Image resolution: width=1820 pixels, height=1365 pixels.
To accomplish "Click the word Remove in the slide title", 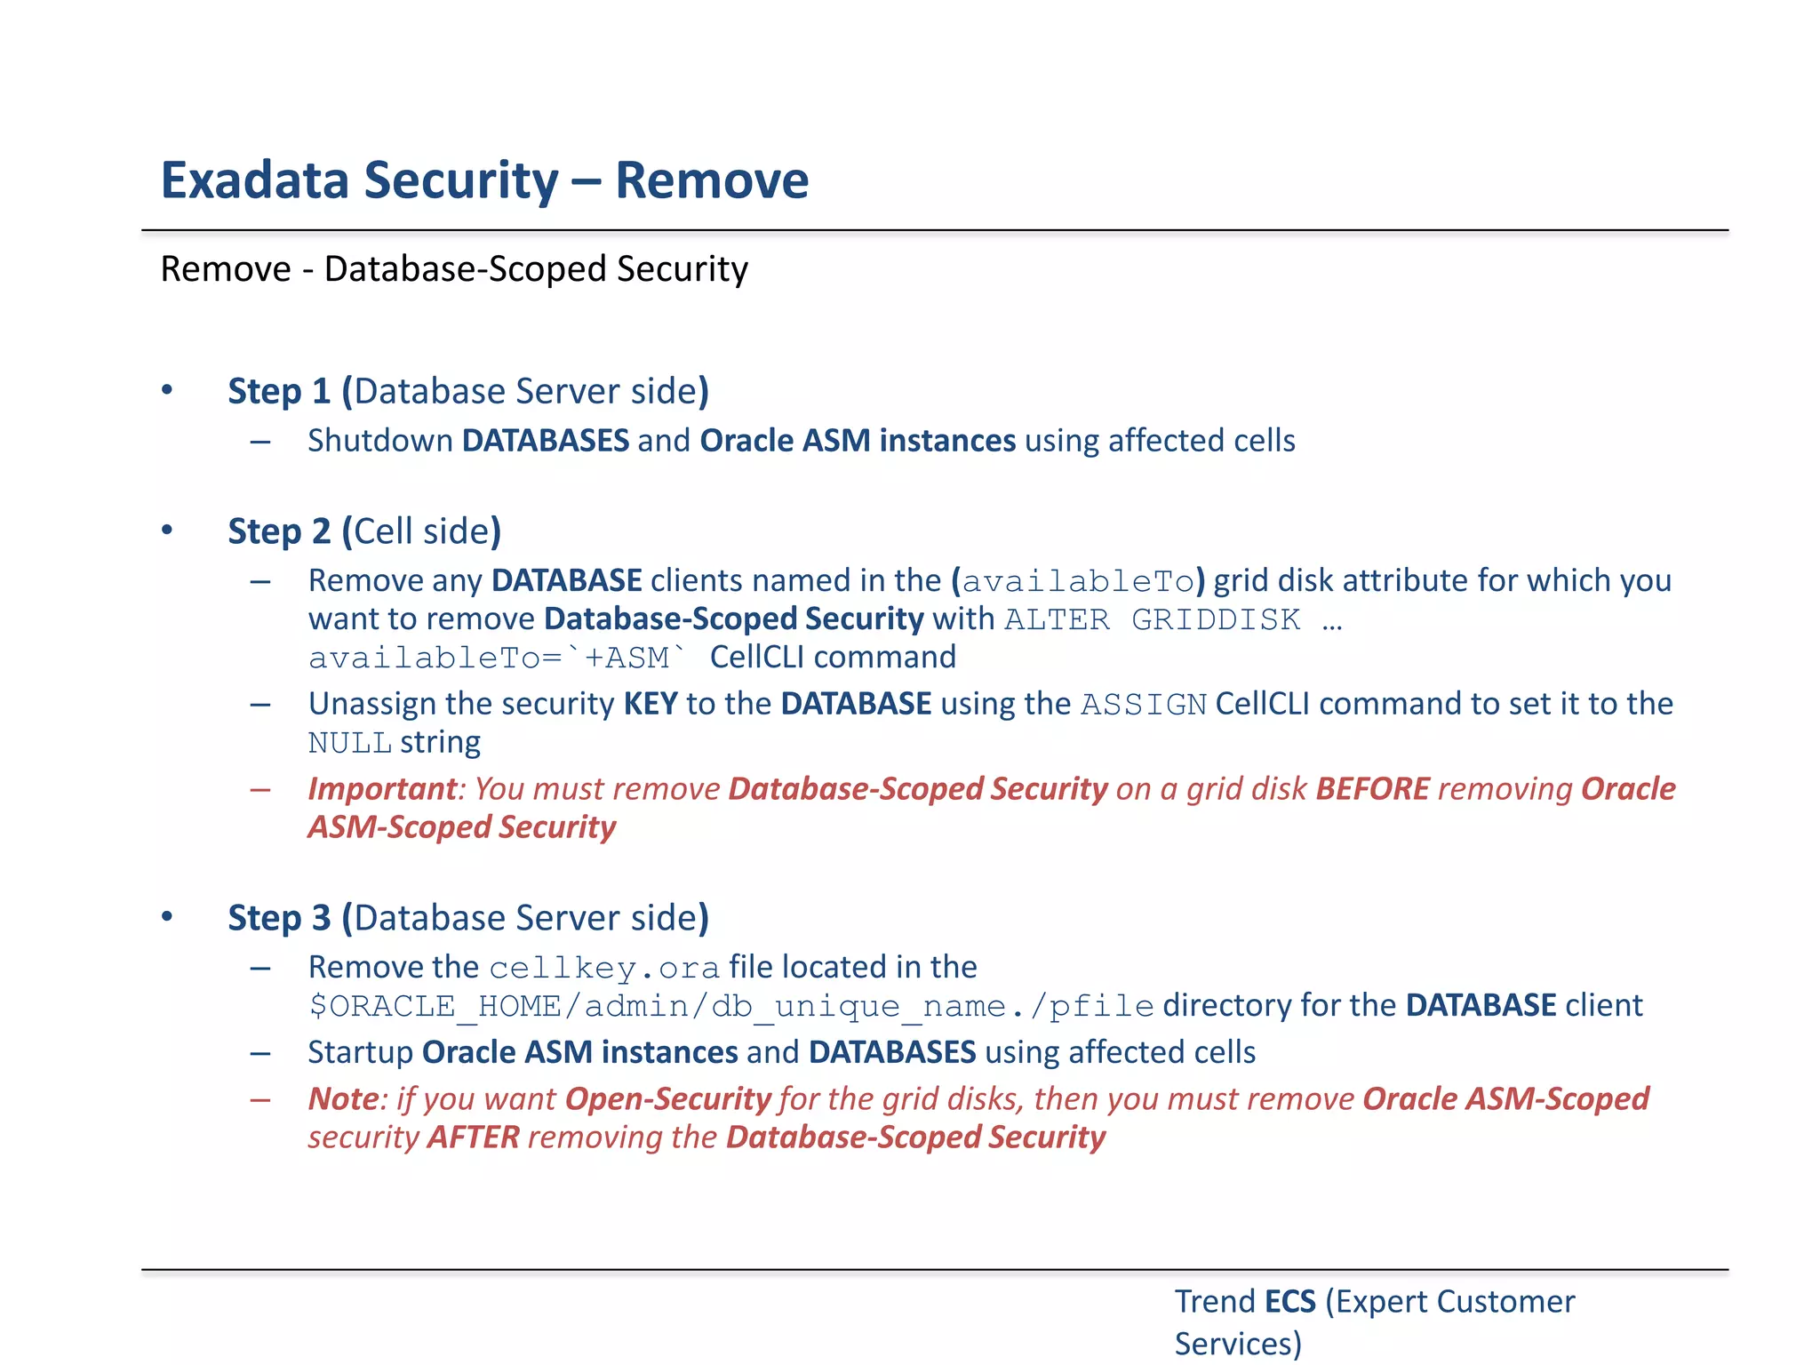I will tap(712, 180).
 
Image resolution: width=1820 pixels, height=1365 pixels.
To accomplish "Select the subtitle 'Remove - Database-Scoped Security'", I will tap(454, 269).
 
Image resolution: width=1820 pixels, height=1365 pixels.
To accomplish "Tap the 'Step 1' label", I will tap(279, 391).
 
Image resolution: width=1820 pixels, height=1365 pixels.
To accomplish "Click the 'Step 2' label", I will tap(279, 531).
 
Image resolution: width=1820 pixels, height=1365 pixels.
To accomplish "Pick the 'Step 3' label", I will tap(279, 918).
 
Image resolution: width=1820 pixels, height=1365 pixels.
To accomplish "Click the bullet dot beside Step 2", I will tap(167, 531).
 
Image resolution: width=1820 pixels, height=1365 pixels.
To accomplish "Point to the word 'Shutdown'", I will tap(380, 441).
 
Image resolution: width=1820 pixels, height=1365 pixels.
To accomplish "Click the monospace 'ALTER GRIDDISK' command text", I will tap(1152, 619).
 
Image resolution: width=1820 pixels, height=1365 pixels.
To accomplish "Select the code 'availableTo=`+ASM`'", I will tap(498, 658).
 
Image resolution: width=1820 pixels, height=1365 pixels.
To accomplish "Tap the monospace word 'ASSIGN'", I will tap(1144, 705).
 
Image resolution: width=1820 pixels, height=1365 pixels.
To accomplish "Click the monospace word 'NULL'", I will tap(349, 743).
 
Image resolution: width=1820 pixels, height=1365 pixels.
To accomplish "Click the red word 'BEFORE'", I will tap(1373, 789).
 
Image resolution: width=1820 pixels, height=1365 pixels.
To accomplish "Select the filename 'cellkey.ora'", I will tap(604, 968).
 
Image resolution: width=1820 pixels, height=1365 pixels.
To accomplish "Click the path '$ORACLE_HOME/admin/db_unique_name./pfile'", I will tap(730, 1006).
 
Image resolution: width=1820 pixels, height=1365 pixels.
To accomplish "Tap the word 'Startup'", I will tap(360, 1053).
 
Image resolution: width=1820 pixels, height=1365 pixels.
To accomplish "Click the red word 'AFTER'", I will tap(474, 1137).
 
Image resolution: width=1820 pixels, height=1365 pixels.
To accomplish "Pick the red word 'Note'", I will tap(343, 1099).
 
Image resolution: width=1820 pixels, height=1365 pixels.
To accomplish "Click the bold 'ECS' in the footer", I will tap(1289, 1302).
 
